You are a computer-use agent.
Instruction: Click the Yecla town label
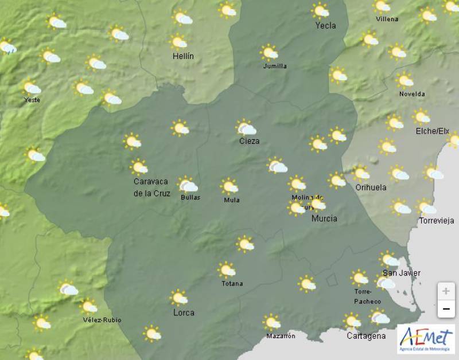[325, 25]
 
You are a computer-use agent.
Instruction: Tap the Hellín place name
[183, 56]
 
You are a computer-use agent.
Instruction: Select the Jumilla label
[275, 66]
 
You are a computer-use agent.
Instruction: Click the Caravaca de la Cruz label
[151, 188]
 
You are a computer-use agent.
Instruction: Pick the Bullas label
[190, 198]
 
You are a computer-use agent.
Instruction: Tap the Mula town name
[232, 200]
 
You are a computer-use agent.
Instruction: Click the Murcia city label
[324, 218]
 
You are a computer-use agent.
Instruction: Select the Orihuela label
[371, 187]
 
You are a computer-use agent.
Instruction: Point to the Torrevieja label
[437, 221]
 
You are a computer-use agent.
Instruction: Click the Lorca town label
[184, 313]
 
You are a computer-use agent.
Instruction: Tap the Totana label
[232, 284]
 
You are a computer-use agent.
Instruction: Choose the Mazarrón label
[281, 336]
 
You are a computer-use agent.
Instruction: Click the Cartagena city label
[366, 336]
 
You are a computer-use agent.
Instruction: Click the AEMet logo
[426, 338]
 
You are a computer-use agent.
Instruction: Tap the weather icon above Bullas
[188, 185]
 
